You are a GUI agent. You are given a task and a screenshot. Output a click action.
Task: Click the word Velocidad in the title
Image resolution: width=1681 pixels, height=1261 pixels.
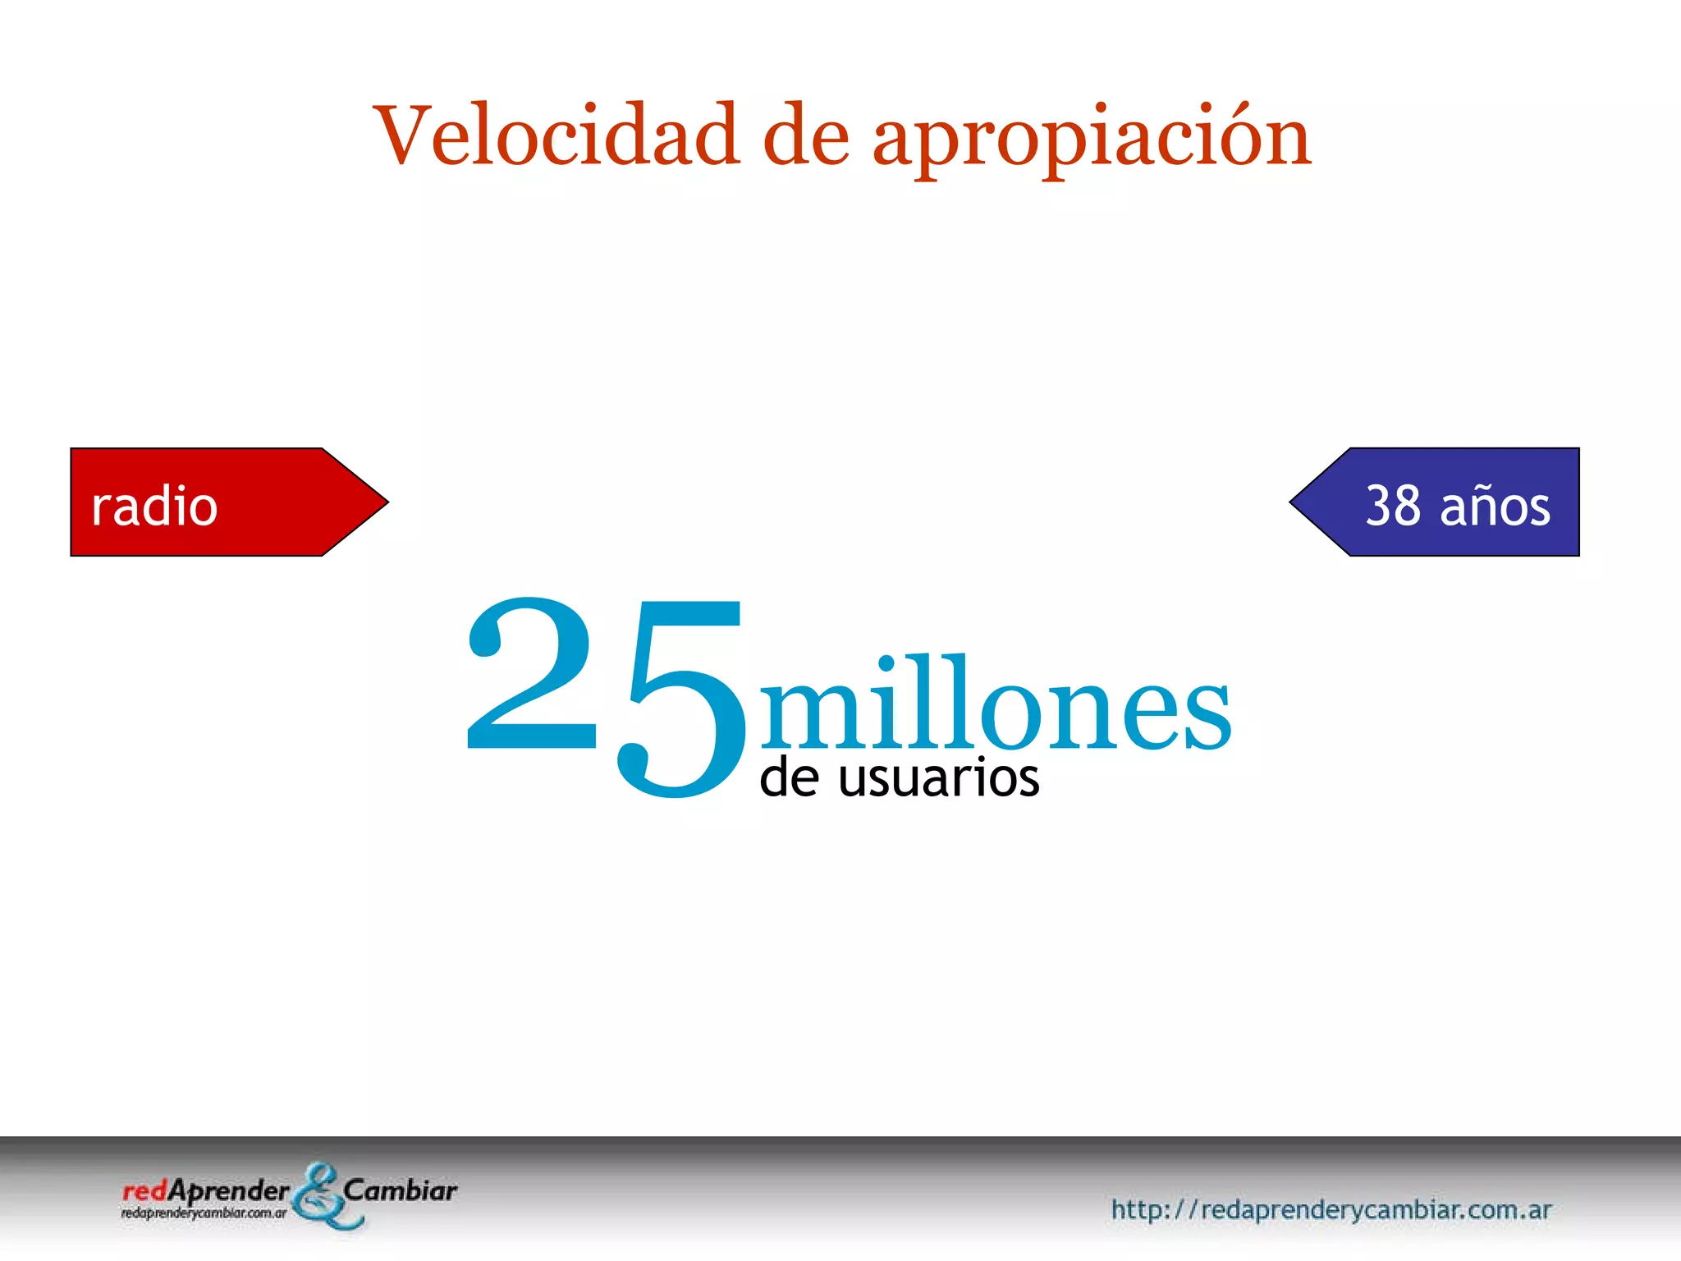(x=556, y=136)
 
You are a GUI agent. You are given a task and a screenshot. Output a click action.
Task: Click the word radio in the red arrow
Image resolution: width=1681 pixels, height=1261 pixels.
(x=154, y=506)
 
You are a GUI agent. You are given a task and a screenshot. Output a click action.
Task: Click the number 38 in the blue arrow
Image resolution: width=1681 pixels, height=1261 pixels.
(x=1393, y=506)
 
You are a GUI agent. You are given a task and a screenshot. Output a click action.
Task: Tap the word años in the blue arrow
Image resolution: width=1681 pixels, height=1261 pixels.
(x=1495, y=506)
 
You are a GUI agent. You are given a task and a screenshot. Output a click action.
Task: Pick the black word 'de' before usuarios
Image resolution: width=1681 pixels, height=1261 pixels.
(x=789, y=777)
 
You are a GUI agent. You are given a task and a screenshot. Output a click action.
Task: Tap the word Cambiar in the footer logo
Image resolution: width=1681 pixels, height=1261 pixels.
(x=400, y=1190)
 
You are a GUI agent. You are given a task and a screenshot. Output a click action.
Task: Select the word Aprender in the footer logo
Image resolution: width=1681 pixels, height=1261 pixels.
(x=228, y=1191)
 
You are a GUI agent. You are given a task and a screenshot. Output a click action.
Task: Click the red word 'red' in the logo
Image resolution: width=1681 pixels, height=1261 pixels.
(x=144, y=1191)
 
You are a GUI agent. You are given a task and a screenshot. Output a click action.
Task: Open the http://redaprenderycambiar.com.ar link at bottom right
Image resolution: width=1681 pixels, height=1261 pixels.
(x=1331, y=1209)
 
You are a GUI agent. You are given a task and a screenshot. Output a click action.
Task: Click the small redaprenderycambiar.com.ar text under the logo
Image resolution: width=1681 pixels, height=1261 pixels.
(x=204, y=1213)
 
